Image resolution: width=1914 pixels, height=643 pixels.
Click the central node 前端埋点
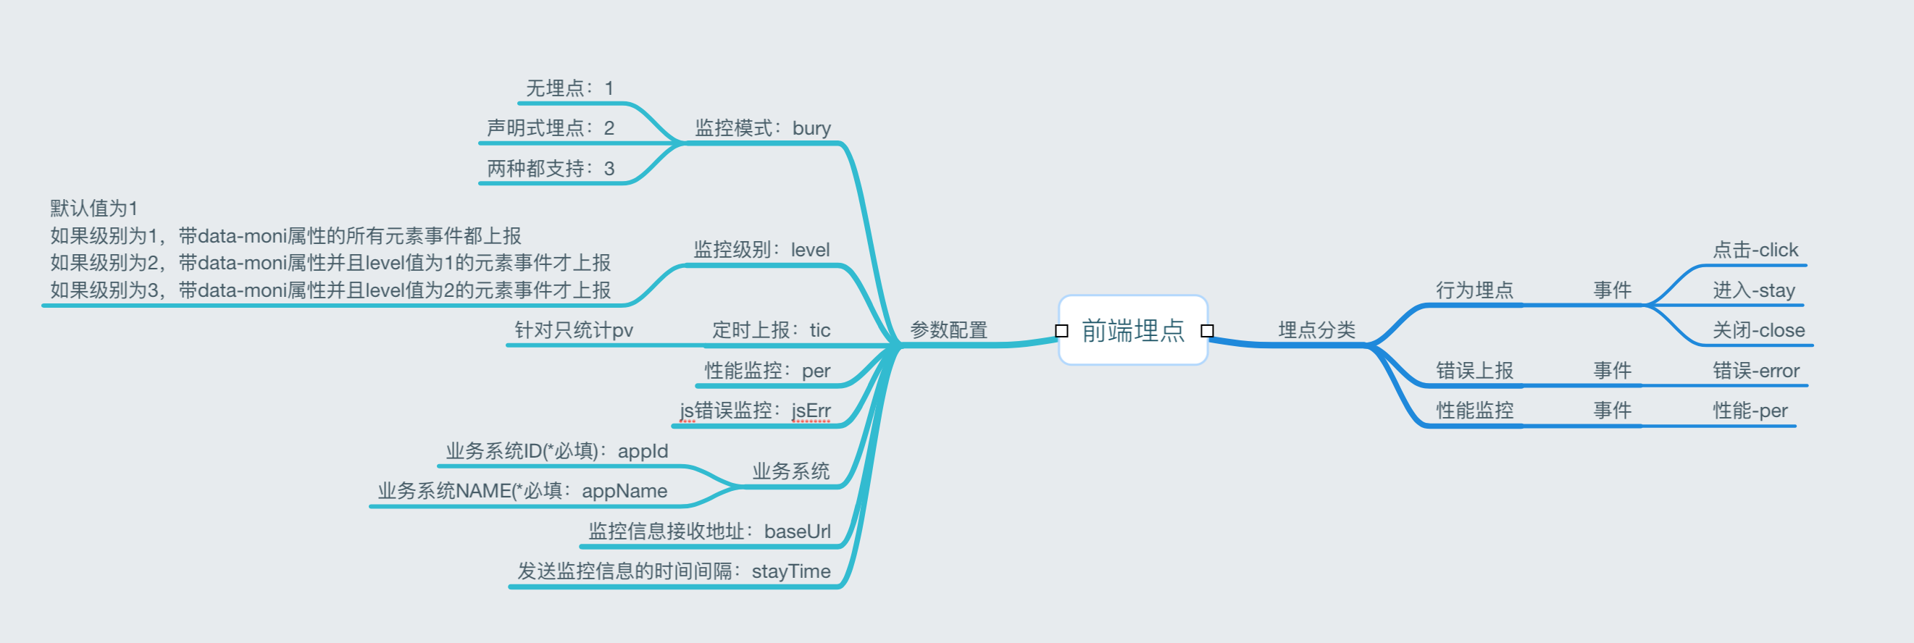tap(1132, 330)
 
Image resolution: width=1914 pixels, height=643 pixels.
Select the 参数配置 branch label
tap(948, 330)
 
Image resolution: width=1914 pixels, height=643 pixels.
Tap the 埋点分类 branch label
tap(1316, 330)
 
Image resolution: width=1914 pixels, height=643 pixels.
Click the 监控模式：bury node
tap(762, 128)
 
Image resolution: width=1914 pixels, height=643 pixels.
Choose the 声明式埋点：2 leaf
tap(551, 128)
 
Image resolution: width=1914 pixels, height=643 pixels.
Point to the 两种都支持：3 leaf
tap(551, 169)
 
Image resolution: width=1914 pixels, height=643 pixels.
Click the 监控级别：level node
tap(761, 251)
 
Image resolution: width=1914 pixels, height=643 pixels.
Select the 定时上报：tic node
tap(772, 330)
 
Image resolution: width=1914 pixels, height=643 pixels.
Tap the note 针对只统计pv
tap(574, 330)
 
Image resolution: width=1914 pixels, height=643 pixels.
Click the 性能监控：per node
tap(767, 371)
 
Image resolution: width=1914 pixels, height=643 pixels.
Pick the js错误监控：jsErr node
tap(755, 411)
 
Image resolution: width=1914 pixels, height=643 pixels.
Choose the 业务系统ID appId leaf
tap(556, 451)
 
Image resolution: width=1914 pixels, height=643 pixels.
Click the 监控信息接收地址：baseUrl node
tap(709, 531)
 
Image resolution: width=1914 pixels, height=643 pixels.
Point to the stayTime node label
tap(790, 572)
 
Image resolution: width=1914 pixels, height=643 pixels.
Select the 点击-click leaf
tap(1755, 251)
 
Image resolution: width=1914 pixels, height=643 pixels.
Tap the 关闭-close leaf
tap(1758, 330)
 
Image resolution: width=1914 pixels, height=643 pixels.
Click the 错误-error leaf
tap(1756, 371)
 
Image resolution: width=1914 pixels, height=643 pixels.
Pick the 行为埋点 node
tap(1474, 290)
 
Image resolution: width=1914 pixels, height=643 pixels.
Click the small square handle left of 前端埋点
tap(1062, 331)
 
